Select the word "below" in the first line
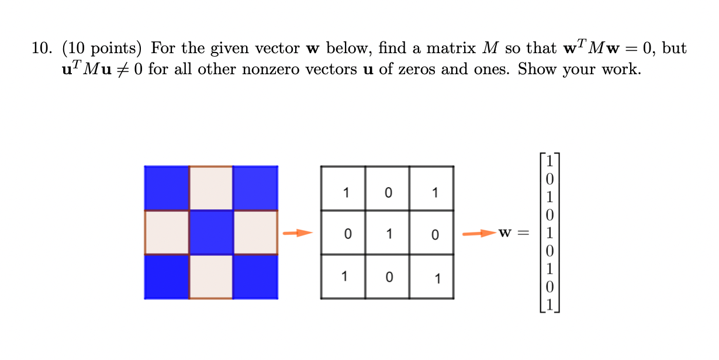(x=344, y=49)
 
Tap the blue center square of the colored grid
(x=211, y=233)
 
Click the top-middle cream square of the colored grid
(x=211, y=188)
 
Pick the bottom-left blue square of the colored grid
(x=167, y=276)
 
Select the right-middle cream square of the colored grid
(x=255, y=233)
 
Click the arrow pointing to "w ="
(x=478, y=234)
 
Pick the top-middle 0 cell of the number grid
(x=388, y=192)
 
